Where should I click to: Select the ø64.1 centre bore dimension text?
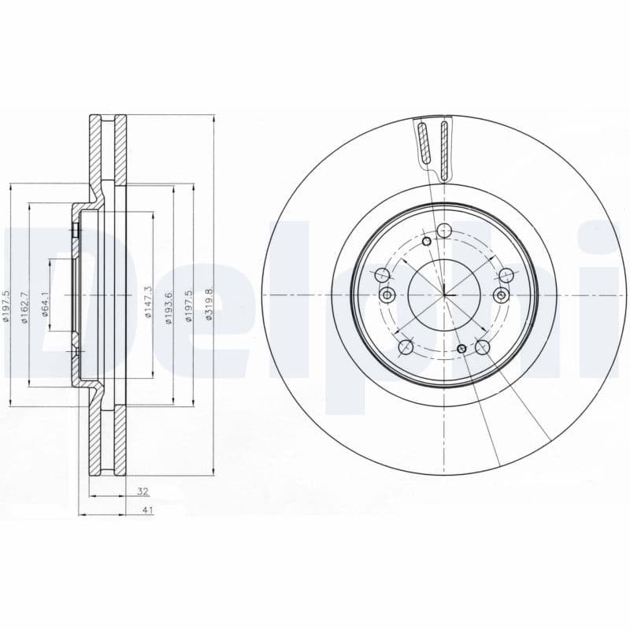pos(46,304)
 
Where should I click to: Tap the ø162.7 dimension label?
pos(25,304)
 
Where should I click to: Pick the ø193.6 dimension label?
pos(168,303)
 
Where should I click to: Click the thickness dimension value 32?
pos(143,491)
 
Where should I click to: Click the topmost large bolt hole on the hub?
pos(444,231)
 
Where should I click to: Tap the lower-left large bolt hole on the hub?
pos(406,346)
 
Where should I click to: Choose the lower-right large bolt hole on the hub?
pos(482,346)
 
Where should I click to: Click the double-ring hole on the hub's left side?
pos(387,295)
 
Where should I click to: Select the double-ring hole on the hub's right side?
pos(501,295)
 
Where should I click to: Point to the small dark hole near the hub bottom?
pos(461,348)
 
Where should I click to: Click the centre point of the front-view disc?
pos(444,295)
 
